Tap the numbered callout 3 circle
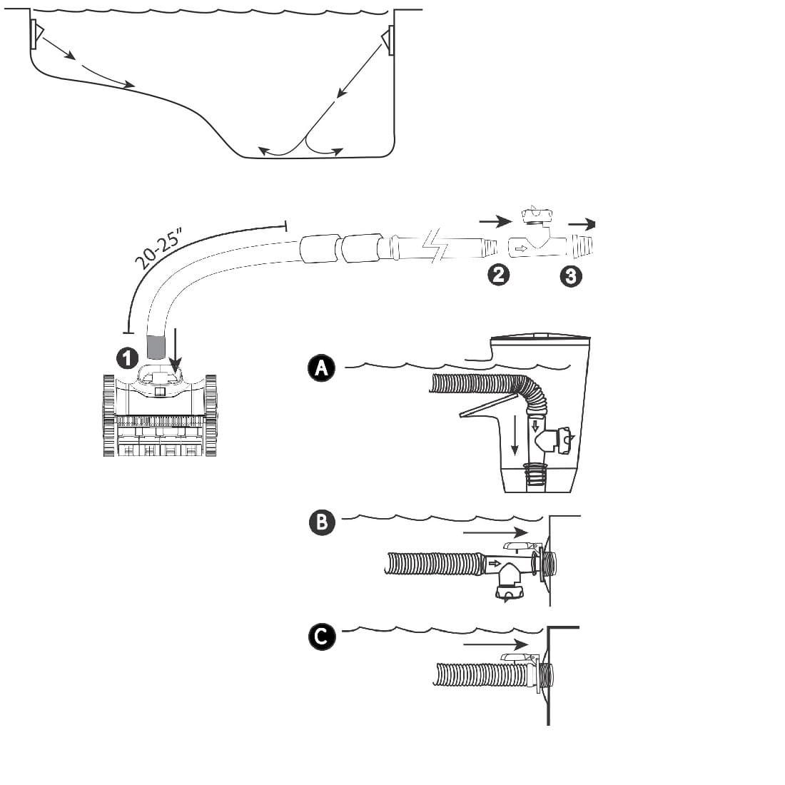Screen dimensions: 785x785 pyautogui.click(x=570, y=276)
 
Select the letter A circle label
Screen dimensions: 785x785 pyautogui.click(x=321, y=368)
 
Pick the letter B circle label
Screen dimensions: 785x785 pyautogui.click(x=321, y=522)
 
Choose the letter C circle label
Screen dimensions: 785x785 pyautogui.click(x=321, y=637)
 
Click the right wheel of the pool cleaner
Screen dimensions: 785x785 pyautogui.click(x=211, y=415)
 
